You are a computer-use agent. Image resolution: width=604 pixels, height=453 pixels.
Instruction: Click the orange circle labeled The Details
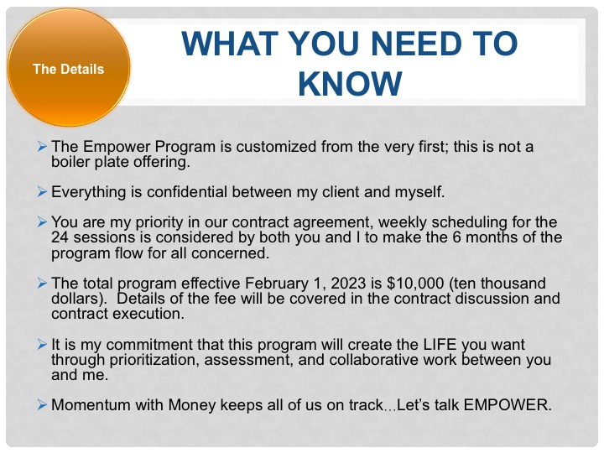pos(69,68)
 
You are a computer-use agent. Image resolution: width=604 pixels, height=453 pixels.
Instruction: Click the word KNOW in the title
pos(350,84)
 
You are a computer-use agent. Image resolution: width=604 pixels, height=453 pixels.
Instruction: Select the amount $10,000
pos(415,284)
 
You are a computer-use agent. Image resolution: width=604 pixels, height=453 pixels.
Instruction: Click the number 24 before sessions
pos(60,237)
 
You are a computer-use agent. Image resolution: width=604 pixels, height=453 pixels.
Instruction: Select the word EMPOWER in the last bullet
pos(508,405)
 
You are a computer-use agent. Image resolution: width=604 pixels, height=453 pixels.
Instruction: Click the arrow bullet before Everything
pos(42,191)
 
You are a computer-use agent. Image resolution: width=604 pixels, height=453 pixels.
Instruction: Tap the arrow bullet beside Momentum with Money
pos(42,405)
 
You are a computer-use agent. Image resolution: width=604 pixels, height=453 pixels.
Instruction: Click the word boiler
pos(70,162)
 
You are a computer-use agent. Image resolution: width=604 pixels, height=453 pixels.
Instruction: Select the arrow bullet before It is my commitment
pos(42,344)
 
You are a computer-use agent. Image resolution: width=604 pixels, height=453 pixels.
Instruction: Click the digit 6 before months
pos(457,237)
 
